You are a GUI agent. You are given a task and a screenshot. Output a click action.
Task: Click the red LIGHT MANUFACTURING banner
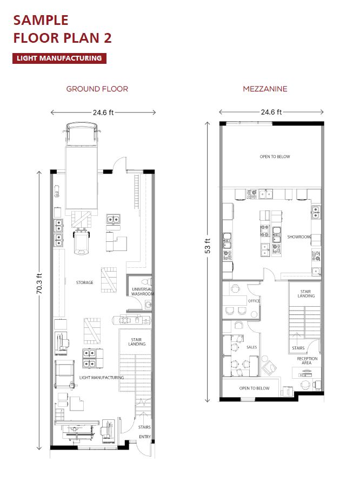[x=59, y=58]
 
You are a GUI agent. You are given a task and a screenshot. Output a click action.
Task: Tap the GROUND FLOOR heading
[x=97, y=89]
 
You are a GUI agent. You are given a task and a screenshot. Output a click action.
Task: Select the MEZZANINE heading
[x=265, y=89]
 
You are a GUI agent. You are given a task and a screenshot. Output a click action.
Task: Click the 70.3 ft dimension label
[x=39, y=284]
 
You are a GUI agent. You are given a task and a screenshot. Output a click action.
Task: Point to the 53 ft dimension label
[x=208, y=246]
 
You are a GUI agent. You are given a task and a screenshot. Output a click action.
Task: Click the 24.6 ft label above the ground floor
[x=103, y=113]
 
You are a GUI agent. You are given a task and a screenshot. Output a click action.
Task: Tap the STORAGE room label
[x=84, y=282]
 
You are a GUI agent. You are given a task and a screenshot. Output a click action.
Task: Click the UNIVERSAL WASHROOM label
[x=143, y=292]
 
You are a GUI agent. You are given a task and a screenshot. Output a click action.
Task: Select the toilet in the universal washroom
[x=147, y=281]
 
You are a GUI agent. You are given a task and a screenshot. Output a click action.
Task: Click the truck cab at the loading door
[x=82, y=134]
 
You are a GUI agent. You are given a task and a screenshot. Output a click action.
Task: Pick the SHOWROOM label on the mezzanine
[x=299, y=237]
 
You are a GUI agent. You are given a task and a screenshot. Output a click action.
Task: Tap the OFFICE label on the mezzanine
[x=254, y=301]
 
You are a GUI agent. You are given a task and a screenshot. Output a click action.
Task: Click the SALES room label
[x=251, y=347]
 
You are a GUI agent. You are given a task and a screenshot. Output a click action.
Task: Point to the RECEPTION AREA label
[x=307, y=361]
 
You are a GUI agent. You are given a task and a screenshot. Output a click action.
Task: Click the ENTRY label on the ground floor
[x=145, y=437]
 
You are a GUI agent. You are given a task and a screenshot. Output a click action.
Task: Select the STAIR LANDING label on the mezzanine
[x=306, y=294]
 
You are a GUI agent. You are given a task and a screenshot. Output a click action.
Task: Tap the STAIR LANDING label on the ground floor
[x=137, y=342]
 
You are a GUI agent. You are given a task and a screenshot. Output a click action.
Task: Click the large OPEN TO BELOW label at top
[x=275, y=157]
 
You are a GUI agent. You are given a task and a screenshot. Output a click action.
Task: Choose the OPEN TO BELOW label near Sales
[x=254, y=388]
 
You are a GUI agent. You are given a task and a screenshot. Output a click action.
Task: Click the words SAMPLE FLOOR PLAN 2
[x=62, y=29]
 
